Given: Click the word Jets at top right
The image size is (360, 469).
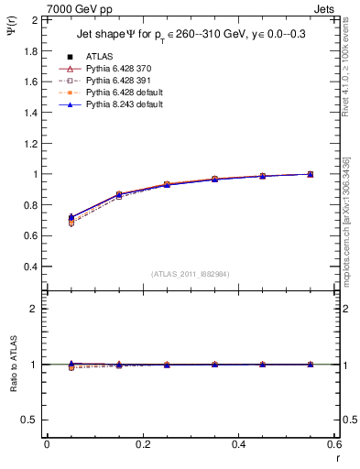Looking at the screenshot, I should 325,8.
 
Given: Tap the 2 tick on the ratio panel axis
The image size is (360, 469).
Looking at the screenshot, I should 35,309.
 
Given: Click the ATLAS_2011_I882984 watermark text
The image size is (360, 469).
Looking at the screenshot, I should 191,274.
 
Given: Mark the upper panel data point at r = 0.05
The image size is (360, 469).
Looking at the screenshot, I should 71,219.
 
